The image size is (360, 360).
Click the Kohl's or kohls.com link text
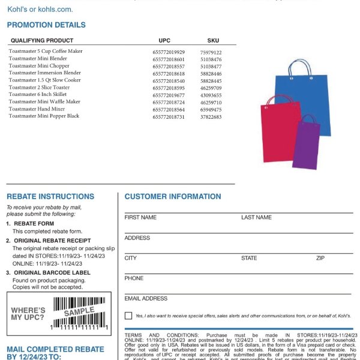[x=40, y=10]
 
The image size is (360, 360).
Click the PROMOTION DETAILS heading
[x=46, y=25]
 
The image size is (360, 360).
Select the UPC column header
[x=164, y=40]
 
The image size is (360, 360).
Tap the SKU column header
[x=213, y=40]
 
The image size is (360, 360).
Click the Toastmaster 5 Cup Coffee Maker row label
[x=46, y=52]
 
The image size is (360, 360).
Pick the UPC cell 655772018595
[x=169, y=88]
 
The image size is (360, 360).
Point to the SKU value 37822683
[x=211, y=116]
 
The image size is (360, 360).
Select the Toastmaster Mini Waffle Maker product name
[x=44, y=102]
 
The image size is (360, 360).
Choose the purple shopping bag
[x=306, y=144]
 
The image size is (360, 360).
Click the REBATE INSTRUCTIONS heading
[x=50, y=196]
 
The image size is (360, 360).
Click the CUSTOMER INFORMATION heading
[x=173, y=196]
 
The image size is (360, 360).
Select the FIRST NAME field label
[x=140, y=217]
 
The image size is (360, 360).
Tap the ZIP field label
[x=321, y=258]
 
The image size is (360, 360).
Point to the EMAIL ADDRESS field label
[x=146, y=298]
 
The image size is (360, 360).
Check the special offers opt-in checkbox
[x=128, y=316]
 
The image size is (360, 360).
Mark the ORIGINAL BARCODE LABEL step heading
[x=52, y=272]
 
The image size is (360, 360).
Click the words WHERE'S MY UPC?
[x=28, y=313]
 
